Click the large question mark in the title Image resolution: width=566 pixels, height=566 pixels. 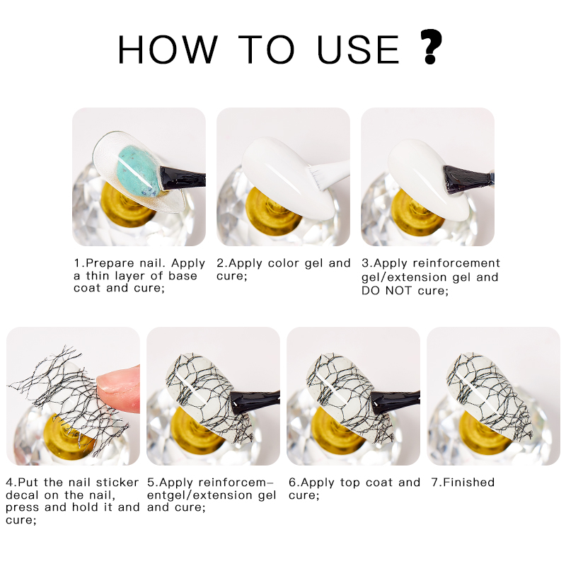tap(431, 47)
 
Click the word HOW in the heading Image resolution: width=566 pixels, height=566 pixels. tap(168, 50)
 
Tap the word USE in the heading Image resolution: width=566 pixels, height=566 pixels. tap(358, 50)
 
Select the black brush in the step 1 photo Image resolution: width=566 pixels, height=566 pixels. tap(182, 178)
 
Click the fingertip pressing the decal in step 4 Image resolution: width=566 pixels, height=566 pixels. tap(119, 389)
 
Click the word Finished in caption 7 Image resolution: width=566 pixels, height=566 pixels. tap(468, 483)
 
